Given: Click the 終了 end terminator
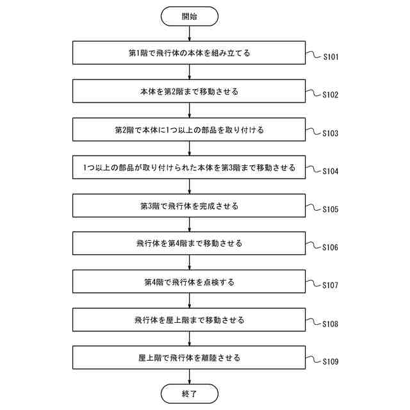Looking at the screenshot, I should [x=190, y=393].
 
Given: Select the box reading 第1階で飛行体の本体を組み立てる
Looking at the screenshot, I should [x=190, y=53].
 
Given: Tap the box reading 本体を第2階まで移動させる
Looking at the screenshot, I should [x=190, y=92].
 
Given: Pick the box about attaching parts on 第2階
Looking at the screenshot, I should [x=190, y=129].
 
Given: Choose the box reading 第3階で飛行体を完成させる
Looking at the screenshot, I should [x=190, y=206].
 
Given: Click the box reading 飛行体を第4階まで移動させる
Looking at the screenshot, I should [x=190, y=243].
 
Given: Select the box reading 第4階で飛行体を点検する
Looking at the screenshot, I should [x=190, y=281].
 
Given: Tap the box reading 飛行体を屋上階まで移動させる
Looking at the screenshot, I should [x=190, y=319].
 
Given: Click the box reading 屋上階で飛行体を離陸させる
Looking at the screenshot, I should [x=190, y=357].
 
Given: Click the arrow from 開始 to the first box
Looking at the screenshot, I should [x=190, y=34].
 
